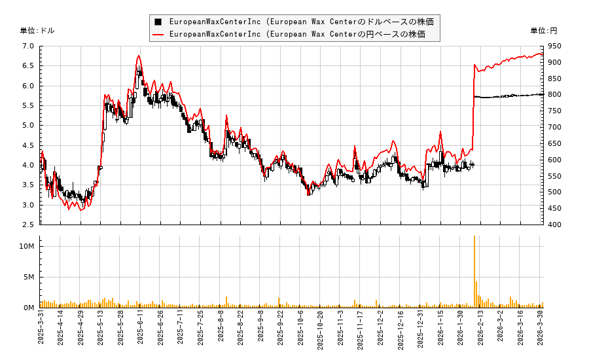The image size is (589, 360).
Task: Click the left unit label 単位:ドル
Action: pos(37,31)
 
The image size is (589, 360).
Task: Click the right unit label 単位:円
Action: pos(543,31)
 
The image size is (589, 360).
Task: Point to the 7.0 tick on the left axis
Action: pos(27,46)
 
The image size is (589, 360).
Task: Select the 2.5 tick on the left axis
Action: pos(27,225)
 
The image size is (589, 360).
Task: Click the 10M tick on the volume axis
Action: pos(27,246)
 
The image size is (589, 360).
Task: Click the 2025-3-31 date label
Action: pos(41,330)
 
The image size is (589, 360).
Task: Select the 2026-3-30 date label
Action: pos(541,330)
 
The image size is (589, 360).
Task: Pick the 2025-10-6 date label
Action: pos(301,330)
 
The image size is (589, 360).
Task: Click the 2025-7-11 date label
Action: pos(181,330)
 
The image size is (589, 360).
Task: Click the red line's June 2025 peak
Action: pos(139,56)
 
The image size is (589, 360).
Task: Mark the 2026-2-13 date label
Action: pos(481,330)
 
